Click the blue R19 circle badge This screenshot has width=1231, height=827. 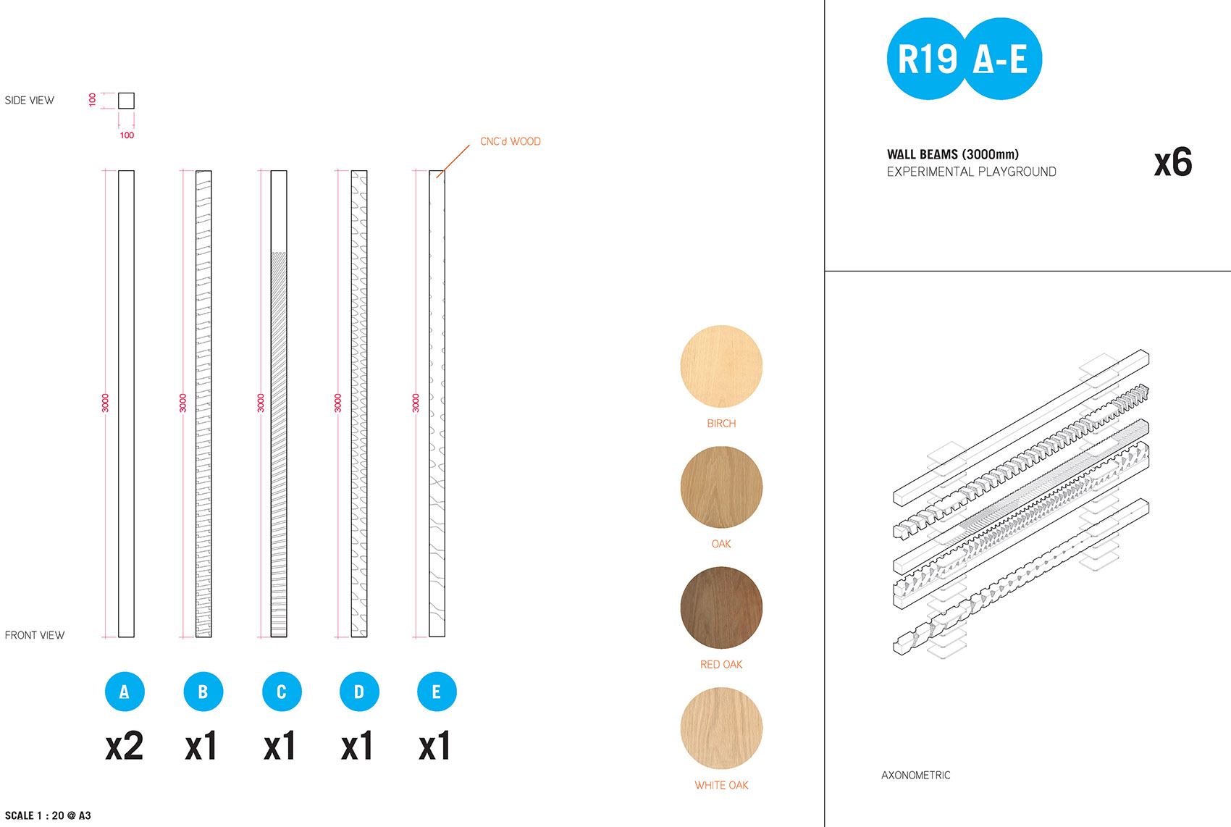coord(927,59)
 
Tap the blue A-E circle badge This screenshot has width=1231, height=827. coord(1001,59)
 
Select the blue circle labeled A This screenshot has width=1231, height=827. coord(125,692)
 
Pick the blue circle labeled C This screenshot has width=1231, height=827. coord(282,692)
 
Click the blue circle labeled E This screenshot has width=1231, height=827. coord(437,692)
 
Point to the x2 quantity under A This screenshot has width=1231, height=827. coord(125,745)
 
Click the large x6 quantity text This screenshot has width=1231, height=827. coord(1173,162)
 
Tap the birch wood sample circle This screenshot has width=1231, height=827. coord(721,366)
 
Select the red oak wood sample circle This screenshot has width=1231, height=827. coord(721,607)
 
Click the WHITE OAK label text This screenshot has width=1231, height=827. coord(721,785)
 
